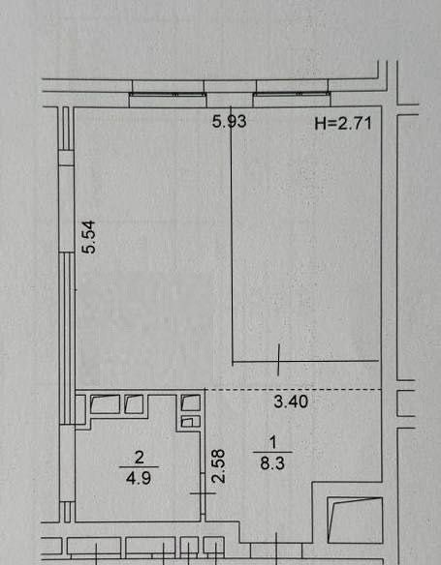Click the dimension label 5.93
(x=229, y=122)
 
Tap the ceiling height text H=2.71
(x=343, y=124)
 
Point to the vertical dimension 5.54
(x=89, y=237)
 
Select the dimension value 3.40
(x=291, y=401)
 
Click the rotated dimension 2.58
(x=218, y=466)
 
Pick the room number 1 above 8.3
(x=272, y=442)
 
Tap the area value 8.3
(x=272, y=463)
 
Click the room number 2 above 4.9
(x=139, y=458)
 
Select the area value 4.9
(x=139, y=479)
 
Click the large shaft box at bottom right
(x=355, y=520)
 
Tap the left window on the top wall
(x=168, y=95)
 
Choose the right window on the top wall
(x=292, y=95)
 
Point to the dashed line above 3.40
(x=294, y=390)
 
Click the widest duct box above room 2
(x=105, y=404)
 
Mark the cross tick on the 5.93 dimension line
(x=278, y=360)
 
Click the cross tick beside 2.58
(x=203, y=493)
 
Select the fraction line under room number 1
(x=272, y=452)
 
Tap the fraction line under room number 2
(x=139, y=467)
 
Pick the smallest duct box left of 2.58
(x=190, y=422)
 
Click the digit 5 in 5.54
(x=89, y=250)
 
